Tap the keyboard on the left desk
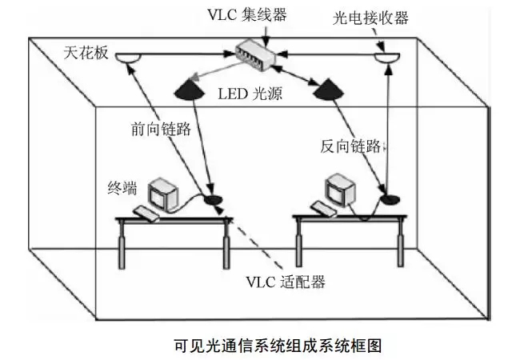(x=148, y=212)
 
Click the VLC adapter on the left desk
(x=213, y=198)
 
